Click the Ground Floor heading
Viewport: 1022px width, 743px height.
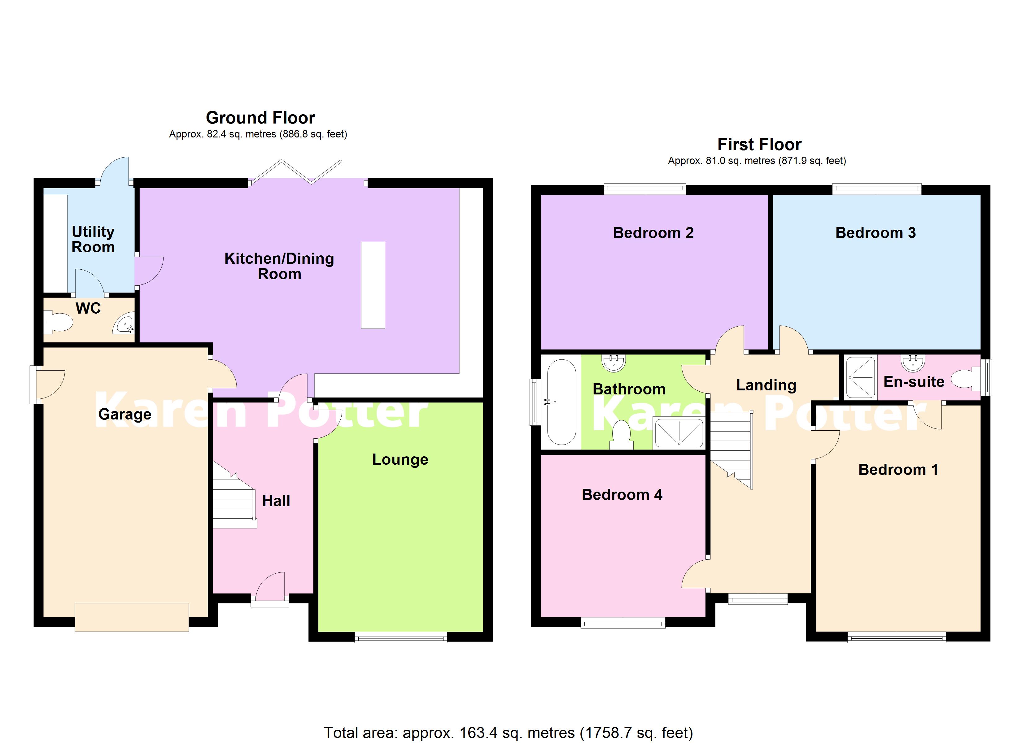260,118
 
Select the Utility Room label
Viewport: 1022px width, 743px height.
93,239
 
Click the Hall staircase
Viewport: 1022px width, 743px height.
233,498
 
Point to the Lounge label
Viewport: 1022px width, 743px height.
400,460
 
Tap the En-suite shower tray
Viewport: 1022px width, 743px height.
860,377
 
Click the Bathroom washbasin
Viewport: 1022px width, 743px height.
614,363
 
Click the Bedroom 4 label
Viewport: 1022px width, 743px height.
622,495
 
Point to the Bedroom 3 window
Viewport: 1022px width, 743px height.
876,189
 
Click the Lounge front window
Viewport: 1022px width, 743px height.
401,637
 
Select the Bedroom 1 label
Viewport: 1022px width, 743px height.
898,470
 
